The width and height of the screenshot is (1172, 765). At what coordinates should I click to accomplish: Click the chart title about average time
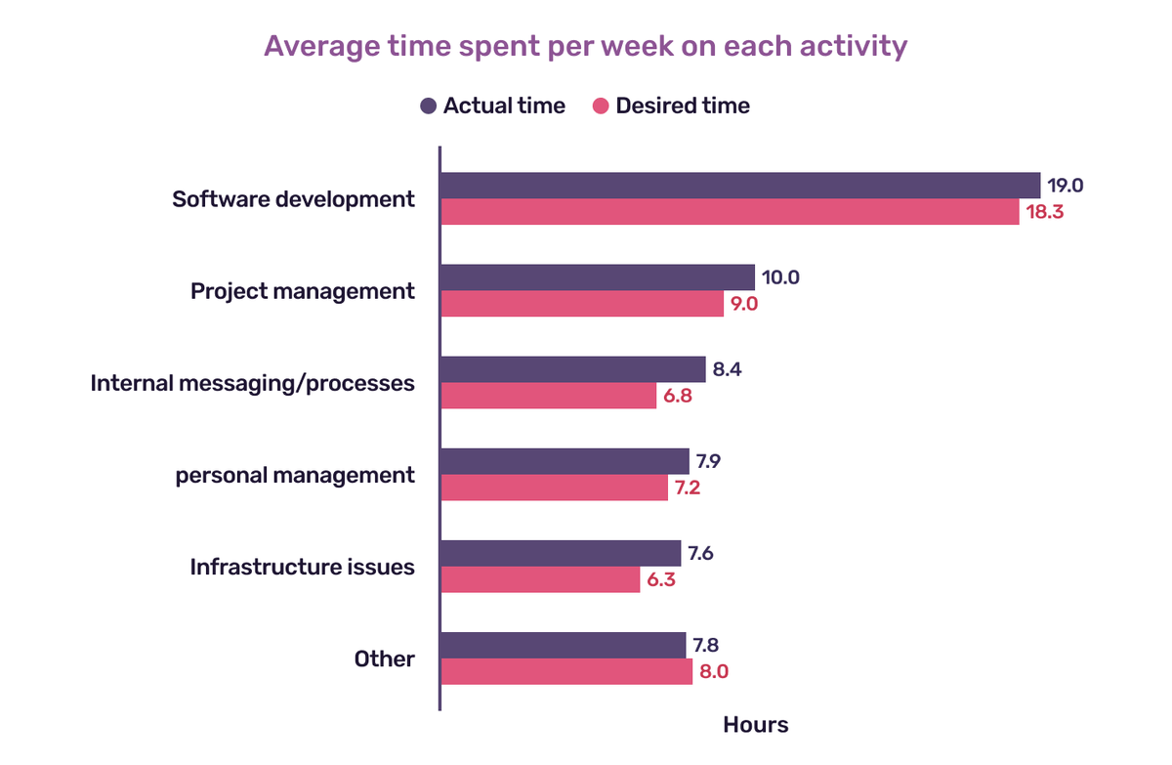click(x=586, y=46)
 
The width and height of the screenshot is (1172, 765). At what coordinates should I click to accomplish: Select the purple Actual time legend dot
click(x=428, y=106)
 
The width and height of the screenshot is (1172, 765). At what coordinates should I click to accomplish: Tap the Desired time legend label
click(x=683, y=106)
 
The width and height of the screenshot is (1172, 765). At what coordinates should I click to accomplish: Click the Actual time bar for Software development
click(x=739, y=186)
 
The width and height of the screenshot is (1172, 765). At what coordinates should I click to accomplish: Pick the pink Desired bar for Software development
click(x=730, y=212)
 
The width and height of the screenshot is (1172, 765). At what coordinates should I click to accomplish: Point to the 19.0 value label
click(x=1067, y=186)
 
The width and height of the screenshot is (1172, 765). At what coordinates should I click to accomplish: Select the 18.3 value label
click(x=1043, y=212)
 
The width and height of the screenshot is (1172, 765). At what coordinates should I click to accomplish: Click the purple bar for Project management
click(x=597, y=277)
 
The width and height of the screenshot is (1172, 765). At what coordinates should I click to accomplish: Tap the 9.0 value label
click(x=740, y=304)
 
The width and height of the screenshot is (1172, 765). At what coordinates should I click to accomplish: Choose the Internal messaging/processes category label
click(x=253, y=383)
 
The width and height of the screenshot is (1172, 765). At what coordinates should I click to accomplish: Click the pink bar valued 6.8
click(x=548, y=396)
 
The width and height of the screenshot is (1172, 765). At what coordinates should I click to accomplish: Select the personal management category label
click(x=295, y=475)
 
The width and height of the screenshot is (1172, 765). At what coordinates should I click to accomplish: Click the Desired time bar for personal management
click(x=554, y=488)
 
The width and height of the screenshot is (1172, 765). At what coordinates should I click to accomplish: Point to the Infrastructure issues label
click(x=302, y=567)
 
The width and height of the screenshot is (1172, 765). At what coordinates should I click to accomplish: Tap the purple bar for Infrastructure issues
click(x=561, y=553)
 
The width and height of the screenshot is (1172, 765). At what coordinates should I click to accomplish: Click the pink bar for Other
click(x=566, y=671)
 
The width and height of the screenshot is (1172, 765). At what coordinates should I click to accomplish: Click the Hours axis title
click(x=755, y=725)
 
